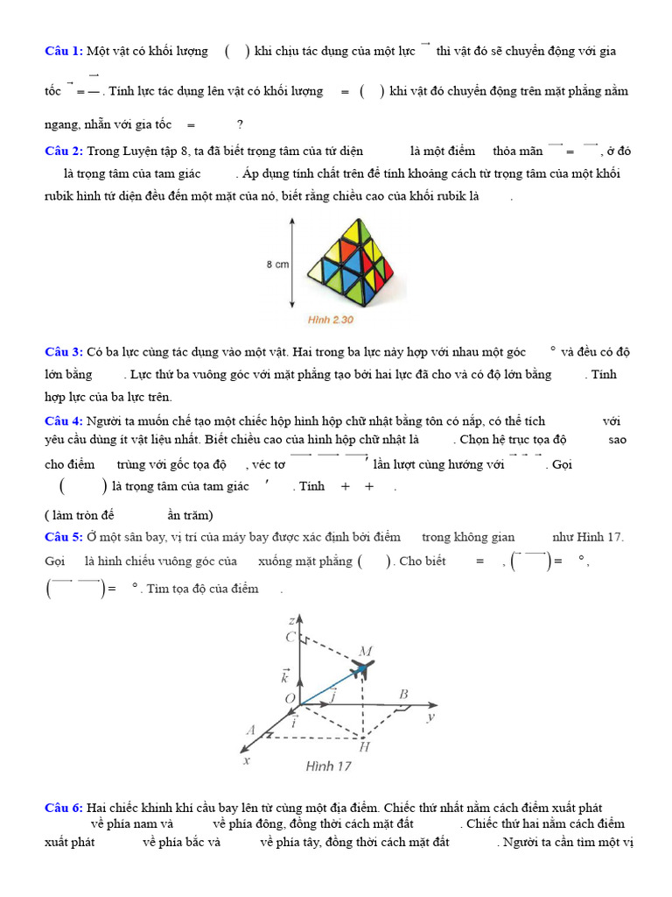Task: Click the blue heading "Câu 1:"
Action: pyautogui.click(x=64, y=51)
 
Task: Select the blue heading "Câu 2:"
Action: pyautogui.click(x=64, y=151)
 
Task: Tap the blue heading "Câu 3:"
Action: pyautogui.click(x=64, y=351)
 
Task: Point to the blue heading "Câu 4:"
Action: pyautogui.click(x=64, y=420)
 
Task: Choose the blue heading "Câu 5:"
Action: pyautogui.click(x=64, y=536)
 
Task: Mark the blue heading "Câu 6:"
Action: pyautogui.click(x=64, y=807)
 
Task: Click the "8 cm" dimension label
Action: pyautogui.click(x=277, y=263)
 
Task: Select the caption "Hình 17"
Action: pyautogui.click(x=329, y=766)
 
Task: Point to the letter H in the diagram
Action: pyautogui.click(x=364, y=747)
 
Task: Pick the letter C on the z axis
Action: pyautogui.click(x=290, y=637)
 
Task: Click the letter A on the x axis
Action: pyautogui.click(x=251, y=730)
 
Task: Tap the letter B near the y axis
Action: pyautogui.click(x=403, y=695)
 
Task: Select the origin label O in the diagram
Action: pyautogui.click(x=290, y=697)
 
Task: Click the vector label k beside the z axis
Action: pyautogui.click(x=285, y=675)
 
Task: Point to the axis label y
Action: pyautogui.click(x=430, y=717)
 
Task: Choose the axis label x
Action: pyautogui.click(x=247, y=760)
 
